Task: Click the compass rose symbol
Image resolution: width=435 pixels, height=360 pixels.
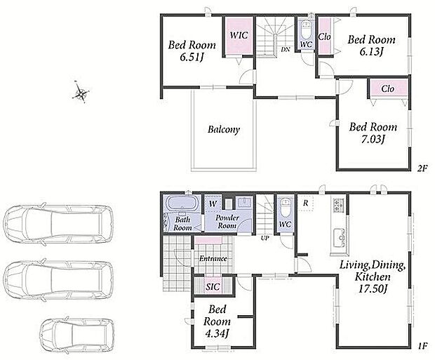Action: click(x=80, y=92)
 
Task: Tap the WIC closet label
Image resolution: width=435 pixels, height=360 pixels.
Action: click(x=239, y=36)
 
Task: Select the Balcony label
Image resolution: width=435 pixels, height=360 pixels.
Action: click(x=224, y=130)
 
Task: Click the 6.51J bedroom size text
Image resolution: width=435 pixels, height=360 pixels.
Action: click(x=192, y=58)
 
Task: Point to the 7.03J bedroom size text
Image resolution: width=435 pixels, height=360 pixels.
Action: click(x=373, y=140)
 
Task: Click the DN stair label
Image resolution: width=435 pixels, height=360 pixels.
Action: click(x=286, y=50)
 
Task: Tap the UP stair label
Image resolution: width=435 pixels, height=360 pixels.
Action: click(x=265, y=238)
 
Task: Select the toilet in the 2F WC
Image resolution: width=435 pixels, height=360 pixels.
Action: click(x=307, y=31)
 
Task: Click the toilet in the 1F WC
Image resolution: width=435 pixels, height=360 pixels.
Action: click(x=286, y=208)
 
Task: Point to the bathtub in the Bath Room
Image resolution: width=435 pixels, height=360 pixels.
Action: click(x=182, y=204)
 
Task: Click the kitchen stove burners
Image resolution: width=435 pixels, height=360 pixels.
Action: click(x=338, y=206)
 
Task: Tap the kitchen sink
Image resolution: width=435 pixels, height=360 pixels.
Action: click(x=339, y=238)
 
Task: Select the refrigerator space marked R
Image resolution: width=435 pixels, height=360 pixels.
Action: click(x=306, y=203)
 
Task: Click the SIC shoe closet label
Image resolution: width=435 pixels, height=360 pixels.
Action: click(x=213, y=287)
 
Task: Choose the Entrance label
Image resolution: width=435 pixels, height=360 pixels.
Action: click(x=213, y=258)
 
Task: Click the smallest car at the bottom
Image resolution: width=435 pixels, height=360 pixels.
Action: click(x=77, y=336)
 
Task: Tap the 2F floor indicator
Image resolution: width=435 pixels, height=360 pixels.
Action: click(x=422, y=168)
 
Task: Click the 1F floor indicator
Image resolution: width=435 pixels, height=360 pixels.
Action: click(x=422, y=347)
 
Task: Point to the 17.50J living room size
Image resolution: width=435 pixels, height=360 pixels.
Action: click(x=373, y=289)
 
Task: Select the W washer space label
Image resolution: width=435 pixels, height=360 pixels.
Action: click(x=213, y=204)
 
